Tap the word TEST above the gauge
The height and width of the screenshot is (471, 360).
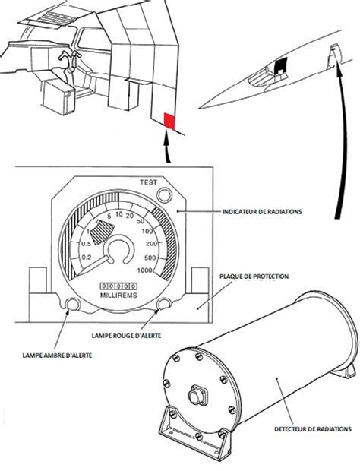click(148, 183)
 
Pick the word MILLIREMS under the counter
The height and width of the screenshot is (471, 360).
click(118, 294)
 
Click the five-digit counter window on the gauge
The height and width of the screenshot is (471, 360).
click(118, 283)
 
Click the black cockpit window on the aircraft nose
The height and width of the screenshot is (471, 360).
click(282, 65)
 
